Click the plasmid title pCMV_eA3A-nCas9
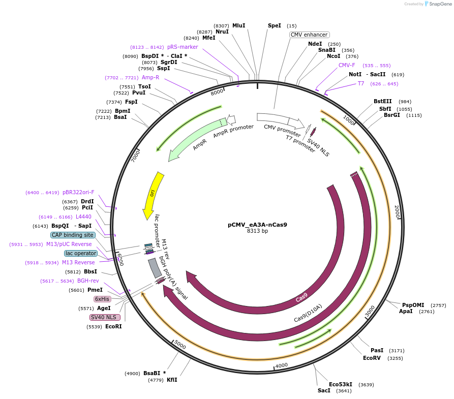tap(257, 224)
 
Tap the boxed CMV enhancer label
tap(309, 35)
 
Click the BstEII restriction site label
tap(382, 101)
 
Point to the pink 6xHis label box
tap(102, 299)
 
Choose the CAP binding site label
tap(73, 235)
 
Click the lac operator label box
tap(80, 253)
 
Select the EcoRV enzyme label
tap(372, 358)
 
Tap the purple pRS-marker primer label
tap(183, 47)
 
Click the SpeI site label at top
tap(274, 25)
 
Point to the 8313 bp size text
tap(257, 231)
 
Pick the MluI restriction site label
tap(238, 25)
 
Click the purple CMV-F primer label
tap(347, 65)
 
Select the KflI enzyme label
tap(172, 380)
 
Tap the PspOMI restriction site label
tap(413, 305)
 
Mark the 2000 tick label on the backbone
tap(398, 211)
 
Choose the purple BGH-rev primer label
tap(88, 280)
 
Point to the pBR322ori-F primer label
tap(78, 192)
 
